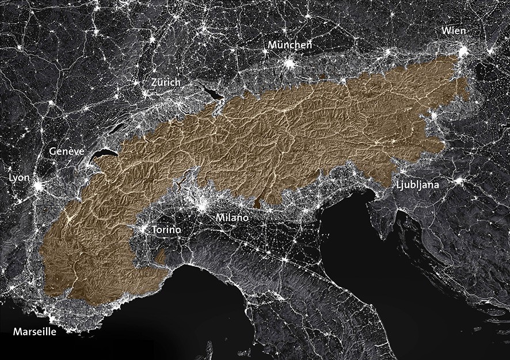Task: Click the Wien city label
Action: click(454, 30)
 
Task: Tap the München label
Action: click(290, 45)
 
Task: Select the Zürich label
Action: click(165, 83)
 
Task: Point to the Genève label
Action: click(67, 151)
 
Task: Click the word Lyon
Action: click(20, 178)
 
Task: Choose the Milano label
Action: click(232, 218)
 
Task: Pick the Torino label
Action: click(166, 230)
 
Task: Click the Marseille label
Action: click(35, 332)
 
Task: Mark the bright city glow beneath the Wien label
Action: click(462, 52)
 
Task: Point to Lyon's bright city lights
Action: click(39, 187)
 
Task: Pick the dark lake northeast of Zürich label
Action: click(211, 92)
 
